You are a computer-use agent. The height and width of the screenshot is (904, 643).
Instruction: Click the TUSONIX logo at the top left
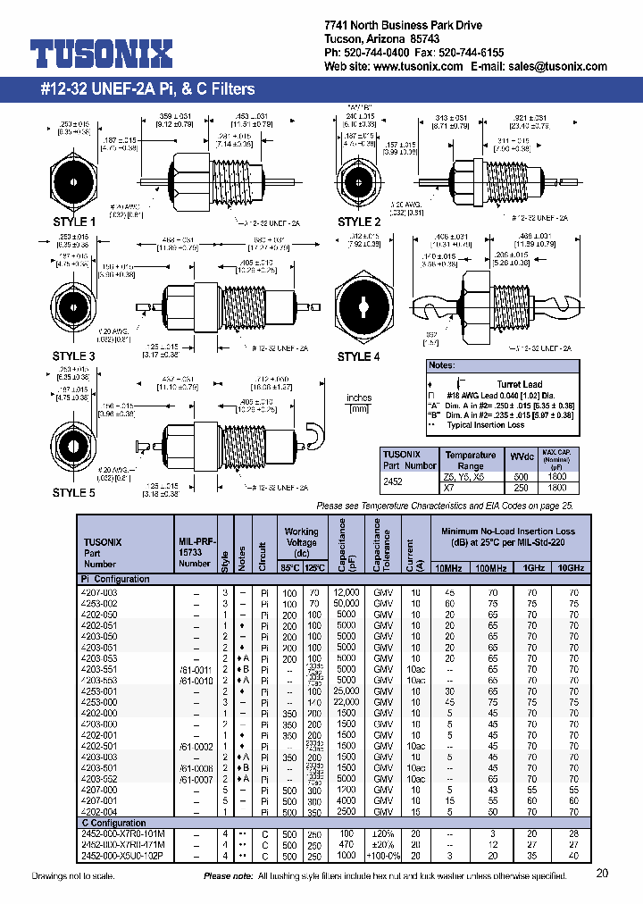101,55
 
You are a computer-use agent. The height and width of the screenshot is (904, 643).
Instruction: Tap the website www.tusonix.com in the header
419,67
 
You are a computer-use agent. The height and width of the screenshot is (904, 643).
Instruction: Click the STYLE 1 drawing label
74,222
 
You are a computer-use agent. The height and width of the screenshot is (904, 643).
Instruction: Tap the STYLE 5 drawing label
74,492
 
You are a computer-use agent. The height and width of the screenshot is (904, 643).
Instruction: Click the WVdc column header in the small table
519,459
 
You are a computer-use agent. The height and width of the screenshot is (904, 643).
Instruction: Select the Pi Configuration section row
115,579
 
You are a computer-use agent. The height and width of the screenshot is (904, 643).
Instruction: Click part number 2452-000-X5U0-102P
129,855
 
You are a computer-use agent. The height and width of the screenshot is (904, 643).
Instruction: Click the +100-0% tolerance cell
383,855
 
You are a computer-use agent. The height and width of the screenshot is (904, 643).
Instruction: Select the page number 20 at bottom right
602,874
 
